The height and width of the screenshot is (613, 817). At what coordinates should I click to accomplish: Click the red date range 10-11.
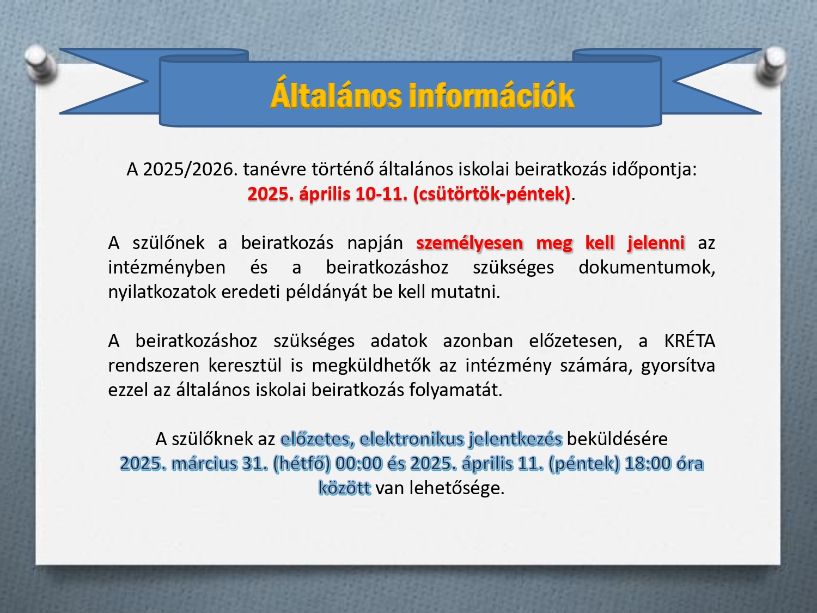(382, 194)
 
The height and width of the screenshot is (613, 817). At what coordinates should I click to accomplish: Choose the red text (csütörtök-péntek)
(492, 195)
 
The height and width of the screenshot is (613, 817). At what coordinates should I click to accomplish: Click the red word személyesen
(470, 244)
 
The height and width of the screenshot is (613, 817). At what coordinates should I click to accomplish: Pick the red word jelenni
(656, 242)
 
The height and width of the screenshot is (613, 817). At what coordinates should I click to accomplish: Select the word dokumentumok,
(647, 268)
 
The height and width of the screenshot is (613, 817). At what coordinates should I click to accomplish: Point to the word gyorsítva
(678, 366)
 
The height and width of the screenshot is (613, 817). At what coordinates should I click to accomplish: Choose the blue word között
(345, 488)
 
